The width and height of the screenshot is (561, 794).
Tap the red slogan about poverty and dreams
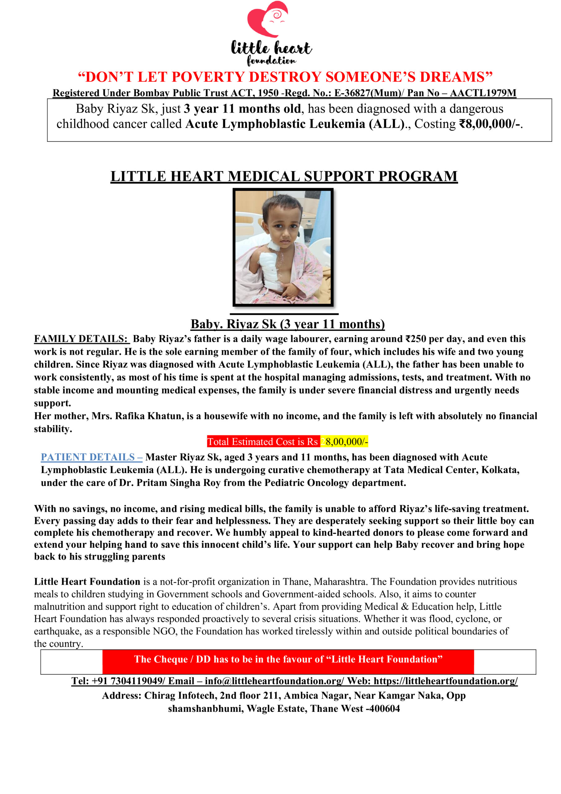tap(285, 77)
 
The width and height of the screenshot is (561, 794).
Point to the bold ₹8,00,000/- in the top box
tap(489, 124)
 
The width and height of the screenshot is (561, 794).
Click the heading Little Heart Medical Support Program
tap(284, 176)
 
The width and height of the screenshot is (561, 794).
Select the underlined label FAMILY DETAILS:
tap(81, 339)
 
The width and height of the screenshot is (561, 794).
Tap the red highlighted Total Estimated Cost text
tap(263, 442)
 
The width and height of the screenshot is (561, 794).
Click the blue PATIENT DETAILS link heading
tap(91, 457)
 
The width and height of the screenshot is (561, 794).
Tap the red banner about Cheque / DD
tap(288, 659)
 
